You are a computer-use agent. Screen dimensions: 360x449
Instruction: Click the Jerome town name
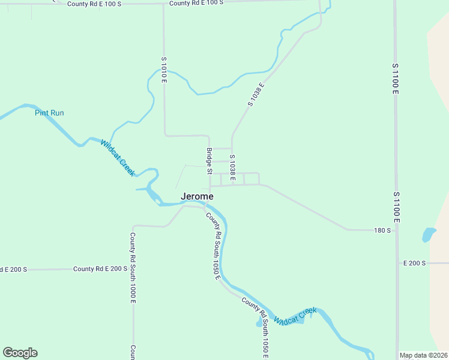(x=197, y=196)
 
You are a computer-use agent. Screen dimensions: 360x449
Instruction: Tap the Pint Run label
(x=49, y=113)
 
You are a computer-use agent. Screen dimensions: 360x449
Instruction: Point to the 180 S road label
(x=382, y=230)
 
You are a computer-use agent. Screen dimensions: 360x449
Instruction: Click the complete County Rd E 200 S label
(x=100, y=269)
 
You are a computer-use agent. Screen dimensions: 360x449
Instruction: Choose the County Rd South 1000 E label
(x=133, y=268)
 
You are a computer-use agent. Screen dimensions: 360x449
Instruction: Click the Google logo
(x=20, y=353)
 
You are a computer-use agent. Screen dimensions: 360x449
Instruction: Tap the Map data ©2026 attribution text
(x=423, y=355)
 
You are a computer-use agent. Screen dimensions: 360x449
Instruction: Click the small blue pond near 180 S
(x=429, y=234)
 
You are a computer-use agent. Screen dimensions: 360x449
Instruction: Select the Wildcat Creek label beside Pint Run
(x=117, y=158)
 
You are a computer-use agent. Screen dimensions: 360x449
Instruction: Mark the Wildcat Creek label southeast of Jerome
(x=295, y=316)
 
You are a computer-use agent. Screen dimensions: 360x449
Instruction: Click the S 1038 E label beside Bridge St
(x=232, y=168)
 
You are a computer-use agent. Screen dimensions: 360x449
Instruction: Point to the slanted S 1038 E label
(x=256, y=94)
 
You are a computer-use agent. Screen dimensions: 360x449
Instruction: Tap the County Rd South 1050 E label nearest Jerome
(x=214, y=247)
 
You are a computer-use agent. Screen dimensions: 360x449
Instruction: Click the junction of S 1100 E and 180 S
(x=396, y=230)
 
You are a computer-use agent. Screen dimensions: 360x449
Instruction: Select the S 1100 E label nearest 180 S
(x=396, y=208)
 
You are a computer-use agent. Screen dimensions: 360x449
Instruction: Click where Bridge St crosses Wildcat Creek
(x=209, y=203)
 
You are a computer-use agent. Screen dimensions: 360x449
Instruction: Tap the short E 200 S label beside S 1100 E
(x=414, y=263)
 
